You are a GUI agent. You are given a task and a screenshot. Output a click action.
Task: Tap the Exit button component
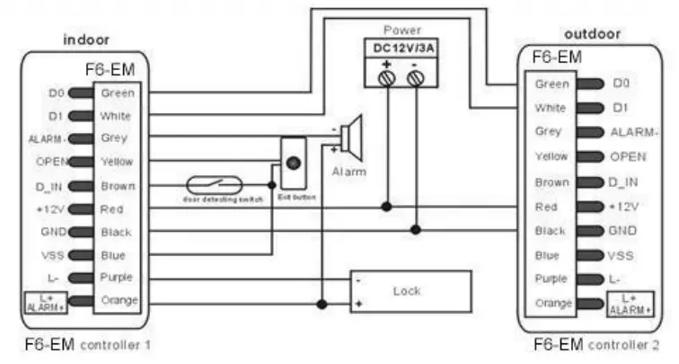294,167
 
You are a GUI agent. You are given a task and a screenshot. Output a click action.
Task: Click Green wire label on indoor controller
117,93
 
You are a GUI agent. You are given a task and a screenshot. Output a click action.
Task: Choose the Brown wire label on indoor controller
117,186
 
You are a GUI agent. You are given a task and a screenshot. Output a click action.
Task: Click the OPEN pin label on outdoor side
629,156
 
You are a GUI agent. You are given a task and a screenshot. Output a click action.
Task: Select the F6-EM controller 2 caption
595,344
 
